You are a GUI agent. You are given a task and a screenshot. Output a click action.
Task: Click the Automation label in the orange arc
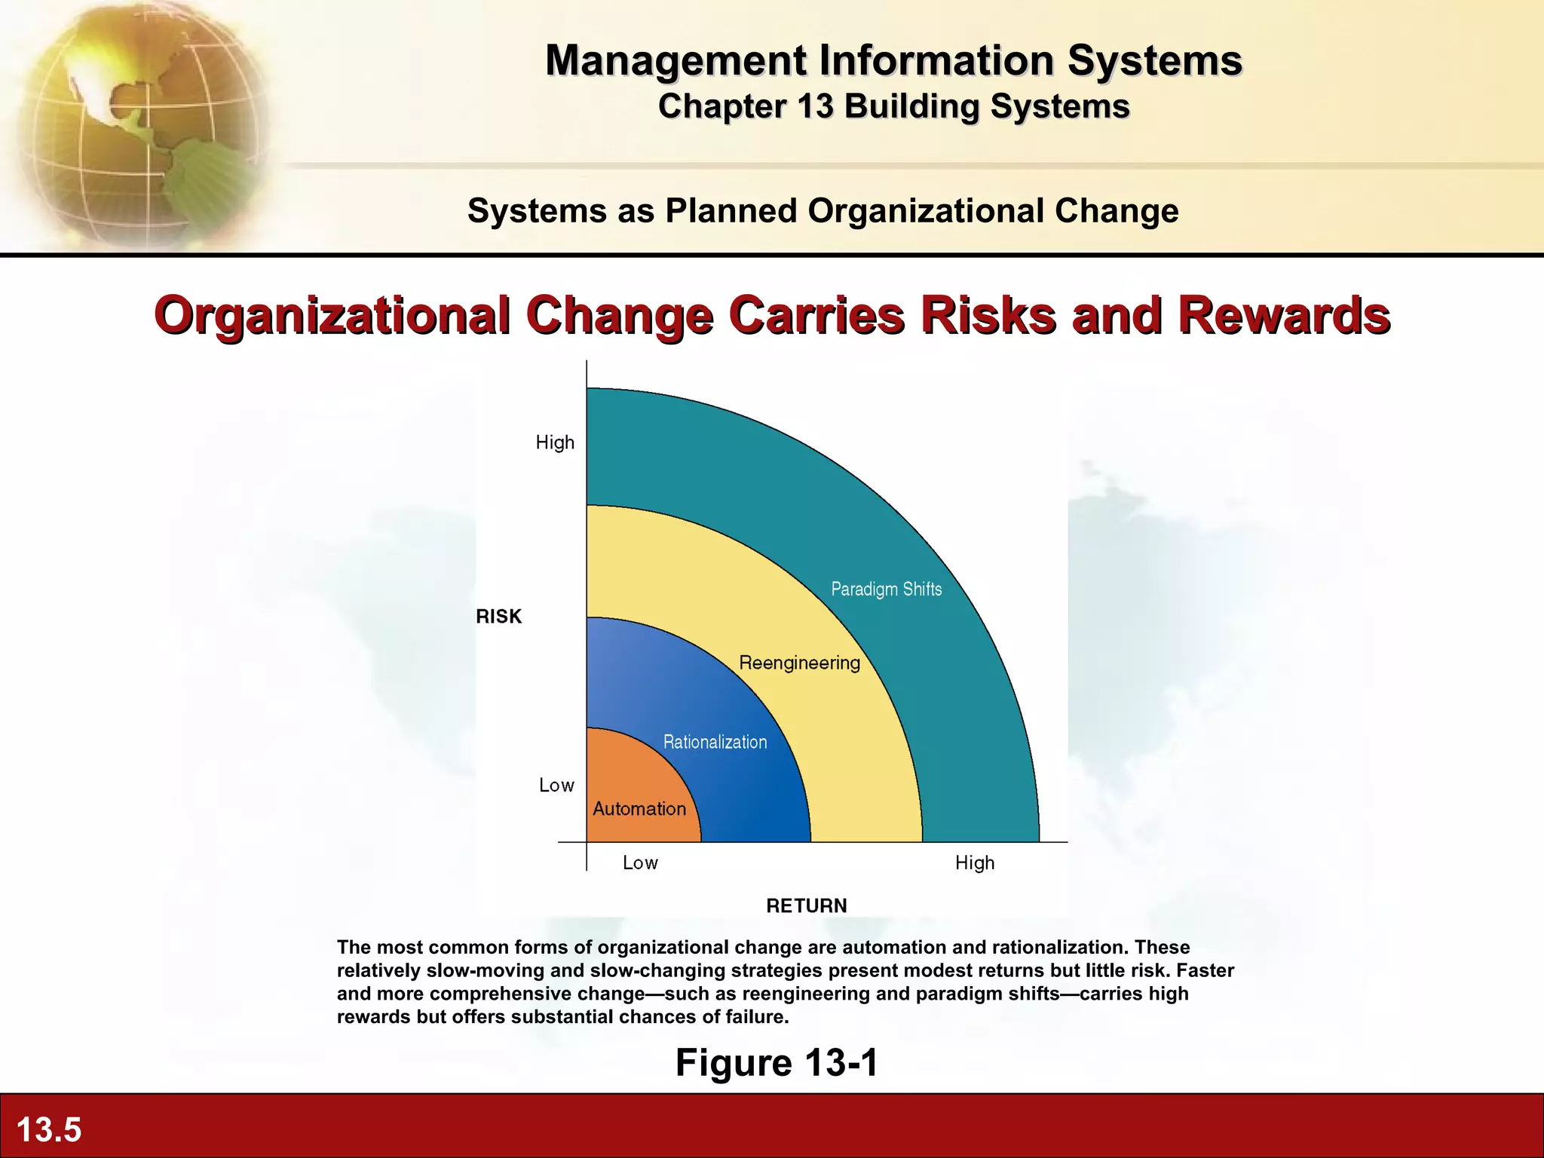pyautogui.click(x=639, y=809)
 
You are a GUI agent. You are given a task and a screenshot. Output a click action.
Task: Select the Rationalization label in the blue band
pyautogui.click(x=715, y=742)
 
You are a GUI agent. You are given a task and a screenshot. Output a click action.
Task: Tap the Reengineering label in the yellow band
pyautogui.click(x=799, y=663)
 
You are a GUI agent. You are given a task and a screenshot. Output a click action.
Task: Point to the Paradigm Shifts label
pyautogui.click(x=886, y=589)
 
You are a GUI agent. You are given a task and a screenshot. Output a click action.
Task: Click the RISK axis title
pyautogui.click(x=498, y=617)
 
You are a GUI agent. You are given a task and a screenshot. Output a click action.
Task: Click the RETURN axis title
pyautogui.click(x=806, y=905)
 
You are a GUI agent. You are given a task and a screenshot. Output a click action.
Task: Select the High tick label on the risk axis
pyautogui.click(x=555, y=443)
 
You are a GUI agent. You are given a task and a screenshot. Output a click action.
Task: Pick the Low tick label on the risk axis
pyautogui.click(x=556, y=786)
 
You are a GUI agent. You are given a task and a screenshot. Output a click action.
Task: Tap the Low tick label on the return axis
pyautogui.click(x=640, y=862)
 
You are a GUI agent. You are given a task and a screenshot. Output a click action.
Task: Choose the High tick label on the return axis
pyautogui.click(x=974, y=862)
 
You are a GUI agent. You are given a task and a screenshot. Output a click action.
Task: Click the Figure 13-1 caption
pyautogui.click(x=777, y=1062)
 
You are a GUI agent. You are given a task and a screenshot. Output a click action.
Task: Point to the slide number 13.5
pyautogui.click(x=49, y=1129)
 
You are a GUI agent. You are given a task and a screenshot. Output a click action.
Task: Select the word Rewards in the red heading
pyautogui.click(x=1284, y=315)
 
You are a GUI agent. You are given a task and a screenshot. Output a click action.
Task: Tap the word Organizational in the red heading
pyautogui.click(x=332, y=315)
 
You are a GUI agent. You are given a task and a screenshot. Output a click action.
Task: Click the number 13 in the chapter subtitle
pyautogui.click(x=815, y=106)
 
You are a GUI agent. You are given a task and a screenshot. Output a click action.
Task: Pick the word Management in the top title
pyautogui.click(x=675, y=60)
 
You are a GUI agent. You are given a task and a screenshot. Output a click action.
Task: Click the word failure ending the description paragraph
pyautogui.click(x=756, y=1017)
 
